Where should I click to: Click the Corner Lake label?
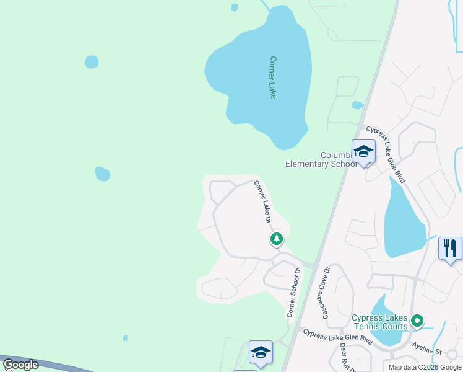tap(272, 77)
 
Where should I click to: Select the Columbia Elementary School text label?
tap(321, 159)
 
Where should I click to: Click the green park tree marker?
tap(276, 239)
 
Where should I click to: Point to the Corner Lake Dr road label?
tap(261, 201)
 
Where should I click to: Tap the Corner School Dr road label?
tap(293, 292)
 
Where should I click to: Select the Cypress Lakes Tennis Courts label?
tap(379, 322)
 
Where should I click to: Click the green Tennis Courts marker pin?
tap(417, 321)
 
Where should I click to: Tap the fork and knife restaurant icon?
tap(449, 249)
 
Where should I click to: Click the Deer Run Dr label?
tap(346, 358)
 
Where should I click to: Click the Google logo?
tap(21, 365)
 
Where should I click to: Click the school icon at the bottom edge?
tap(261, 352)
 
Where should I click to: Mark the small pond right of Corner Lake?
tap(357, 105)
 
